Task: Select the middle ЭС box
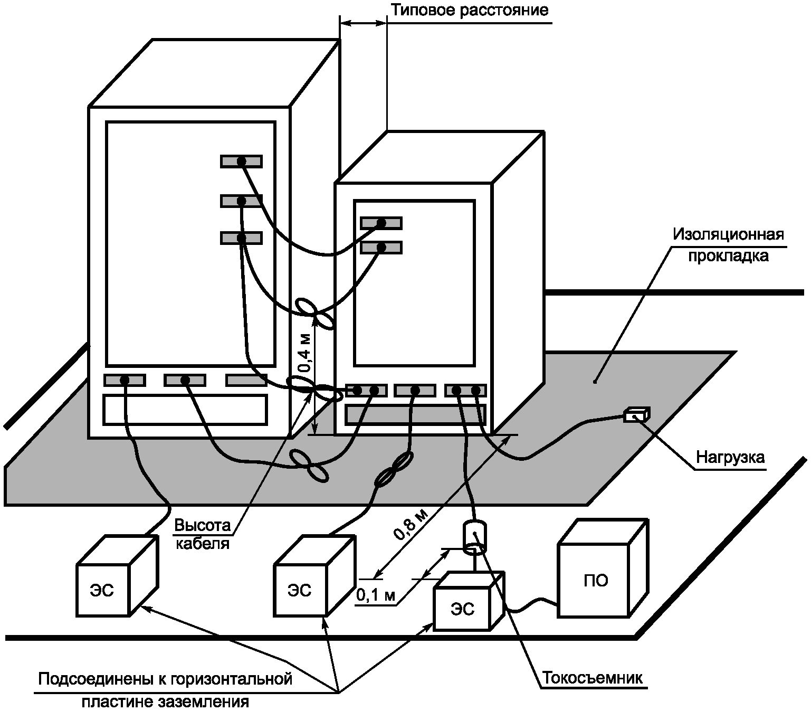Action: point(299,590)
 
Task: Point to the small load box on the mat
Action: point(636,415)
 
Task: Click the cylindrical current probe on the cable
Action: point(475,537)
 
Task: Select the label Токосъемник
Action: point(592,678)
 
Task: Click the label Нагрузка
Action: point(730,457)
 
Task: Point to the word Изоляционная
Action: point(728,234)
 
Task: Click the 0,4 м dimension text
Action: point(306,353)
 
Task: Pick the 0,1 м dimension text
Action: point(376,595)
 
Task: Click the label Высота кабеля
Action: point(203,534)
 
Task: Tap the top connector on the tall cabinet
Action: point(241,161)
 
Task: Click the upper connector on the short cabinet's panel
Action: point(381,223)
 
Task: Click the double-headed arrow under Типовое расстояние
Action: point(363,23)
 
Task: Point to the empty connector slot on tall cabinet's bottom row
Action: point(246,380)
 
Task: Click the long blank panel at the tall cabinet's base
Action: point(185,410)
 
